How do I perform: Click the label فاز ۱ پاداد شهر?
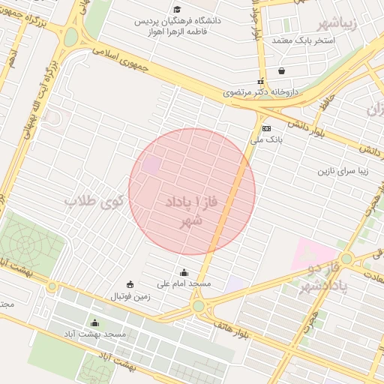tap(184, 211)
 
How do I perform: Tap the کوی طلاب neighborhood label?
tap(94, 202)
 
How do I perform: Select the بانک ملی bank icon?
tap(266, 129)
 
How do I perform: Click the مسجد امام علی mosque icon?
tap(184, 272)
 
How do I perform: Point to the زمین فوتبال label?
tap(131, 296)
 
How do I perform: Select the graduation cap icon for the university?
tap(177, 9)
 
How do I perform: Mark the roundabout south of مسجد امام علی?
tap(198, 305)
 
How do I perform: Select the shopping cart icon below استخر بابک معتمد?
tap(281, 71)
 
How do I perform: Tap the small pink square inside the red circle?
tap(152, 166)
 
